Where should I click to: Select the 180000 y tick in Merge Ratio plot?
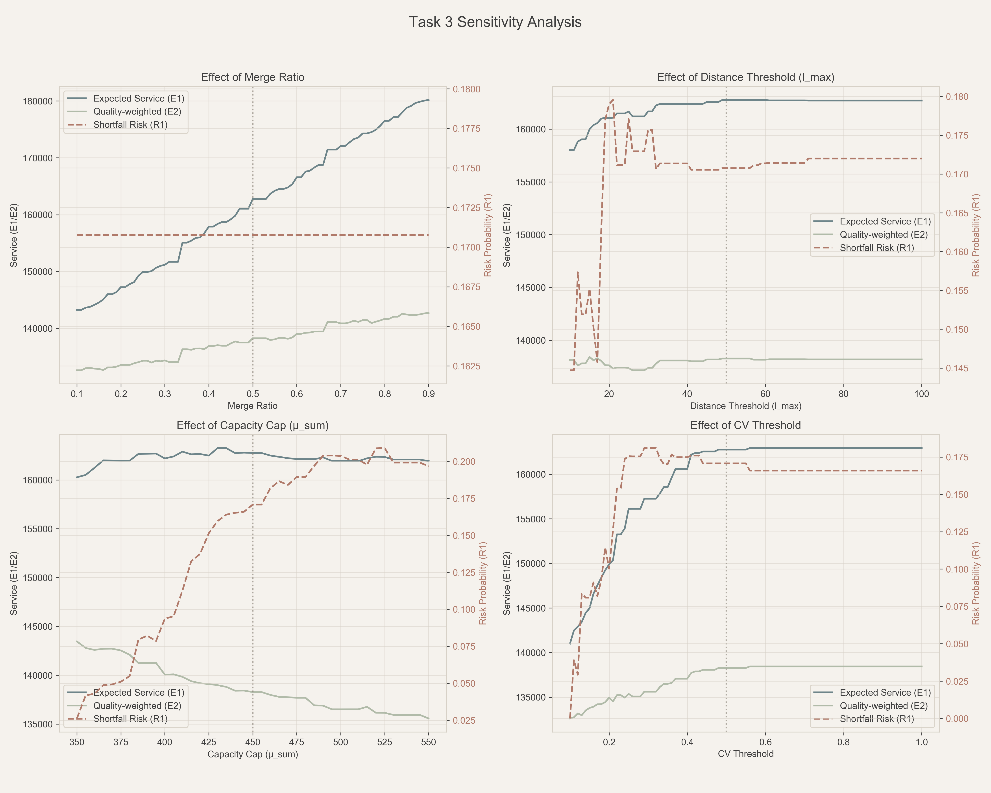click(38, 101)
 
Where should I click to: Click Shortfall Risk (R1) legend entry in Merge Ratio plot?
click(130, 125)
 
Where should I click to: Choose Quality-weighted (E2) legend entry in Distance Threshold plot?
click(884, 234)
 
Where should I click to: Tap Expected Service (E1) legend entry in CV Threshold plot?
click(885, 692)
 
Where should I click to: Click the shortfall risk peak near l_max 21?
click(613, 100)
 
